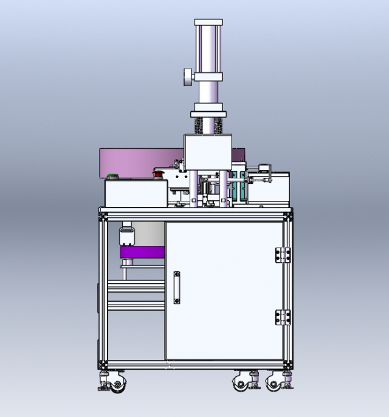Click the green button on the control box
[112, 177]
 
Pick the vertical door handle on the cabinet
[177, 287]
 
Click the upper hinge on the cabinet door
[282, 255]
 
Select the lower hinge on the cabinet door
[282, 317]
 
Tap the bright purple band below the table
[143, 253]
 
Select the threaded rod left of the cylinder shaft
[198, 127]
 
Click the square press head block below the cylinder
[208, 152]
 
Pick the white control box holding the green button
[136, 193]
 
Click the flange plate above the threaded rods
[208, 114]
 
